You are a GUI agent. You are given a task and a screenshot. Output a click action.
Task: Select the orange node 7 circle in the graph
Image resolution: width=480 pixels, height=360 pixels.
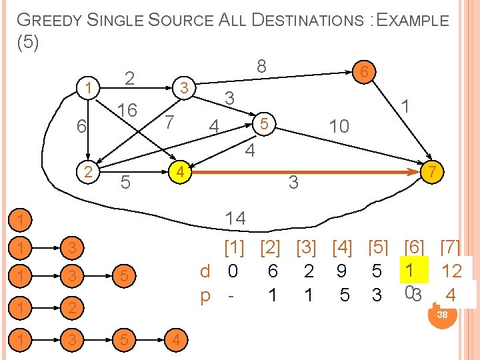click(432, 172)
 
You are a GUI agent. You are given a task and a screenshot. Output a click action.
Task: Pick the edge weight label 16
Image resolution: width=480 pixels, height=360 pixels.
click(127, 110)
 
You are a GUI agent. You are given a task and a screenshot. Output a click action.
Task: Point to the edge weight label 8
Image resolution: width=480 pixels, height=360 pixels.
click(262, 65)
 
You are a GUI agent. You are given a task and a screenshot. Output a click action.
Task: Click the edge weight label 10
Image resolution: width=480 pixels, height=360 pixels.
click(339, 126)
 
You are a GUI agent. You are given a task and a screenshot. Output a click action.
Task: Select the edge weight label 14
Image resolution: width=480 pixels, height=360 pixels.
click(235, 218)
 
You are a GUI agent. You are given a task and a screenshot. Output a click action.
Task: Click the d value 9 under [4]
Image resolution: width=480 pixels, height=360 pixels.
click(341, 271)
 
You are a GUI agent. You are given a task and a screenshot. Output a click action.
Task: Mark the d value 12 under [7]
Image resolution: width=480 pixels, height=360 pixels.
click(452, 271)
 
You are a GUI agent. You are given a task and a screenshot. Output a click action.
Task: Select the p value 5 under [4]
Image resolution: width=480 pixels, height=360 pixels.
click(345, 295)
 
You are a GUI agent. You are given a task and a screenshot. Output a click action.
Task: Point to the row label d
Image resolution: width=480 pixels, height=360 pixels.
click(205, 271)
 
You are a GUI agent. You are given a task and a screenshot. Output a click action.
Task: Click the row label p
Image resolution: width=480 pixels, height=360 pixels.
click(205, 295)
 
